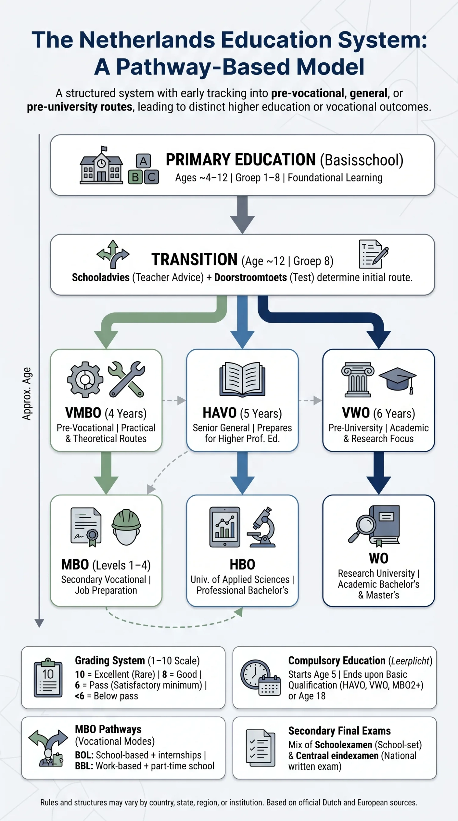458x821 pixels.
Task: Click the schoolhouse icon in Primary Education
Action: [101, 165]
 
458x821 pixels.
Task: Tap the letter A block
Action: [143, 161]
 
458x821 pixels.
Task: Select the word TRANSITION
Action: [194, 259]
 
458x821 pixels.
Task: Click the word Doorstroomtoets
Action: [250, 278]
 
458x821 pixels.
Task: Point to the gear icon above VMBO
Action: [85, 379]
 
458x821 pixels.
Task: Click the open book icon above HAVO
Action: [242, 379]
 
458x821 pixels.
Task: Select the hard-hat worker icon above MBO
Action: [126, 527]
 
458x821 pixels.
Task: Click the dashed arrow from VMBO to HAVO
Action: [174, 400]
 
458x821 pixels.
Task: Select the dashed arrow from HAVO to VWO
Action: [311, 400]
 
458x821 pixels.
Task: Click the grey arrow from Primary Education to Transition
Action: [242, 215]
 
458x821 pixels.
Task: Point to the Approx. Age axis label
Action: [27, 394]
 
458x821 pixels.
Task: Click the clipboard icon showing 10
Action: [48, 677]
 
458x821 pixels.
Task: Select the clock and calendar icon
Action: [260, 677]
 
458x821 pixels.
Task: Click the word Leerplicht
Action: [410, 661]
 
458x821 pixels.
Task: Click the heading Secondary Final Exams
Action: [340, 731]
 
